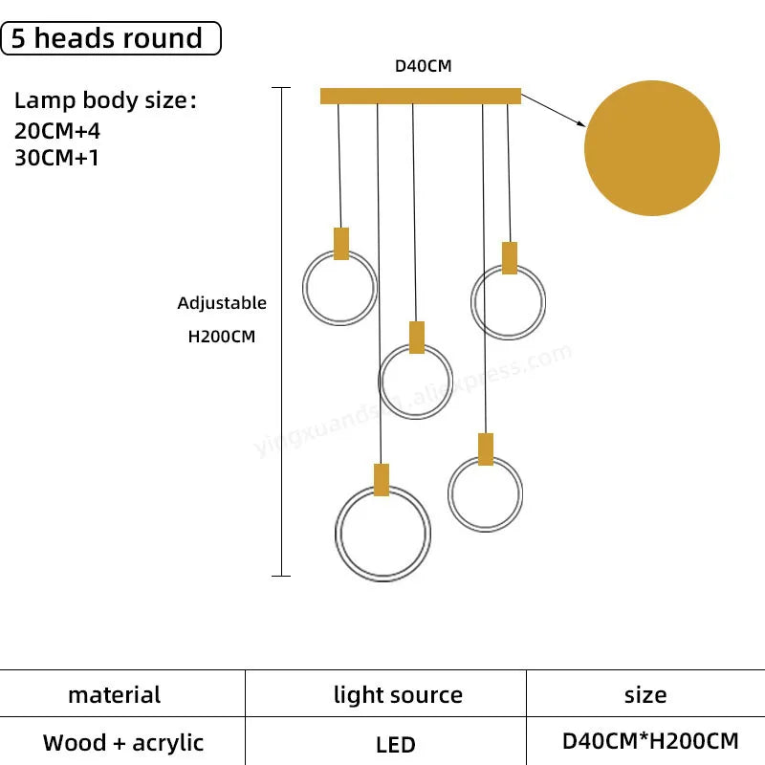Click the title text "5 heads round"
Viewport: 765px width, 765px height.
pyautogui.click(x=111, y=38)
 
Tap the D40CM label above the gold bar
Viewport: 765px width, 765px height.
pyautogui.click(x=423, y=67)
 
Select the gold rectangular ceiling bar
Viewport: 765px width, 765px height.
pyautogui.click(x=421, y=96)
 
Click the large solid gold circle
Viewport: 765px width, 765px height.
pyautogui.click(x=651, y=148)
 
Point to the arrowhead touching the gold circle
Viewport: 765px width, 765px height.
pyautogui.click(x=580, y=123)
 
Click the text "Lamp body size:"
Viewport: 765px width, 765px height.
pyautogui.click(x=105, y=101)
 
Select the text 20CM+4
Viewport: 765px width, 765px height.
pyautogui.click(x=57, y=132)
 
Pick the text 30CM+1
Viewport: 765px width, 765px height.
pyautogui.click(x=57, y=158)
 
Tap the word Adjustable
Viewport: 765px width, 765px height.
pyautogui.click(x=222, y=303)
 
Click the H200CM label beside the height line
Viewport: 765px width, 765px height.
pyautogui.click(x=222, y=337)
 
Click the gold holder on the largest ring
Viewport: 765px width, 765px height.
pyautogui.click(x=382, y=479)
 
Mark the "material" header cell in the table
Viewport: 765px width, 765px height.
pyautogui.click(x=115, y=694)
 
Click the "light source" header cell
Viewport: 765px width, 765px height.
pyautogui.click(x=398, y=695)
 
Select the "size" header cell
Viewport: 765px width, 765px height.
pyautogui.click(x=645, y=695)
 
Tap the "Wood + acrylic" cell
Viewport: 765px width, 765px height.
pyautogui.click(x=123, y=742)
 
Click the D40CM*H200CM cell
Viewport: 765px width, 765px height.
pyautogui.click(x=650, y=741)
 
